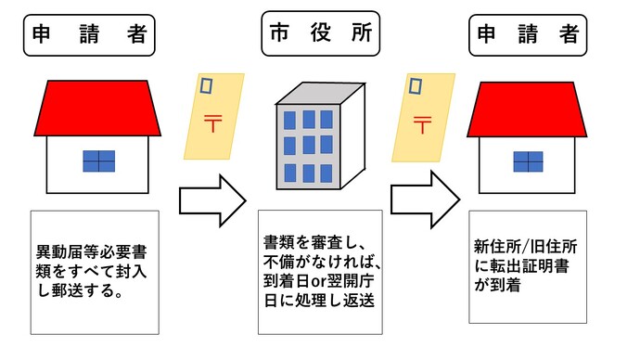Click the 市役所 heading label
point(319,34)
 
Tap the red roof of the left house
point(96,107)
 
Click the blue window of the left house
point(97,161)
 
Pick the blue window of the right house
point(527,161)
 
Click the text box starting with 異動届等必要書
point(95,271)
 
